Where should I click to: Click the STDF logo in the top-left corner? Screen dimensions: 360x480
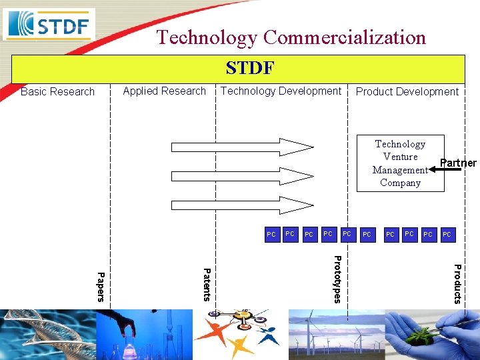(49, 25)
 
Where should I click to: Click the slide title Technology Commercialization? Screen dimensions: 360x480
(291, 37)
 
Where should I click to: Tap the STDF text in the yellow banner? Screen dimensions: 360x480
(249, 68)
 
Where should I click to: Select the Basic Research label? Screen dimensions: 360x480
(57, 92)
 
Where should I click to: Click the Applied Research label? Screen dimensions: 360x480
(164, 91)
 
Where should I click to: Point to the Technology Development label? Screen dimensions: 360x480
(281, 91)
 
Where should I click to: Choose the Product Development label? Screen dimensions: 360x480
(407, 92)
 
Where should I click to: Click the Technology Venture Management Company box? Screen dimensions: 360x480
(400, 163)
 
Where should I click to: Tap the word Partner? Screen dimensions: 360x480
(458, 163)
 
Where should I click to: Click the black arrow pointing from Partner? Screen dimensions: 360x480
(445, 170)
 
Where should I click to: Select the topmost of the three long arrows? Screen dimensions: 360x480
(242, 147)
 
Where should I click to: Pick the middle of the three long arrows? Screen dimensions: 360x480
(242, 176)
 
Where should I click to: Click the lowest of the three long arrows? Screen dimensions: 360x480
(242, 205)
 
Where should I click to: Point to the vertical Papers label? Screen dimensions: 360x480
(101, 286)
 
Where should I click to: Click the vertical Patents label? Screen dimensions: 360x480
(207, 284)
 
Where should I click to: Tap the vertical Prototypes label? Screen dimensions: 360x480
(337, 279)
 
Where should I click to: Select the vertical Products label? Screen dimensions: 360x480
(457, 283)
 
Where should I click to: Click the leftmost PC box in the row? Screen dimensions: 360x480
(271, 235)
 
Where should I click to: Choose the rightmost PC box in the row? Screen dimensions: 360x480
(447, 235)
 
